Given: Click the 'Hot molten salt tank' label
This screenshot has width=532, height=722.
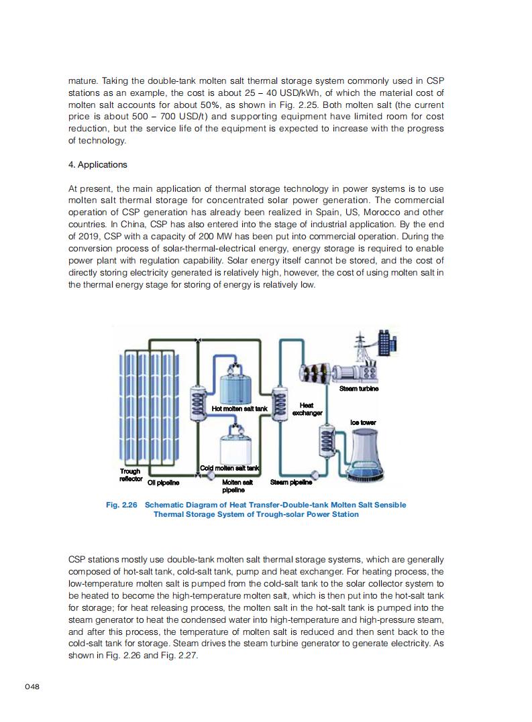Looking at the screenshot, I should [x=240, y=408].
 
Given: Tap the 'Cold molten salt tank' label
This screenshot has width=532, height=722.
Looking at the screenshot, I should [x=230, y=468].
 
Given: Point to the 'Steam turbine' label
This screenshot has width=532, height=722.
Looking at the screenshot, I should [x=358, y=389].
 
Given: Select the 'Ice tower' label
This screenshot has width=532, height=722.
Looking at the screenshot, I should [x=363, y=423].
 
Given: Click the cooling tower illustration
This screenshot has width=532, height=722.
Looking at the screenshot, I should [x=363, y=455].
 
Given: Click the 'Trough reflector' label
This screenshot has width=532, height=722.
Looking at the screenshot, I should [x=130, y=475].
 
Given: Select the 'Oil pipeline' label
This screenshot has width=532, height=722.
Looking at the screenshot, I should [x=163, y=482].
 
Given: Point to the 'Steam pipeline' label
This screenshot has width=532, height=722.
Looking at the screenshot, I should [x=290, y=482].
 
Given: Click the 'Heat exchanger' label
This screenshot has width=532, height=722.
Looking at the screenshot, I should [x=307, y=409].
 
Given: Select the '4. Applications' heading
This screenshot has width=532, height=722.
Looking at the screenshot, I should [x=98, y=165].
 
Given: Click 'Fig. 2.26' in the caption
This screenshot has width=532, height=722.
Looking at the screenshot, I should [x=121, y=505].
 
